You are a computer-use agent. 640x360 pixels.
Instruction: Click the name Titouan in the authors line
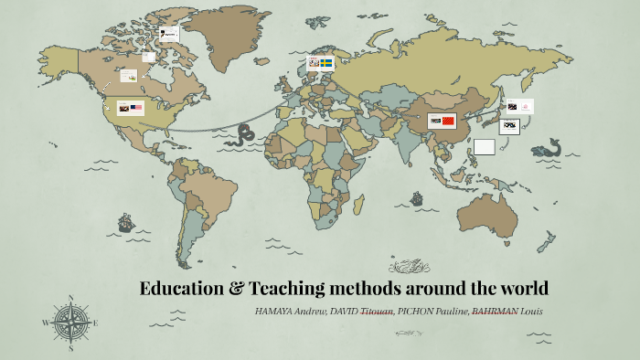[x=377, y=312]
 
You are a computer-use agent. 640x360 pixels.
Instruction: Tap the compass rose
[x=69, y=323]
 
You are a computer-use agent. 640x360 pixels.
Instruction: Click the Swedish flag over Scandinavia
[x=326, y=62]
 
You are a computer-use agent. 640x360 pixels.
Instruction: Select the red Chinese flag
[x=447, y=121]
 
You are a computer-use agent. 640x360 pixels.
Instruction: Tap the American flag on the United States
[x=137, y=108]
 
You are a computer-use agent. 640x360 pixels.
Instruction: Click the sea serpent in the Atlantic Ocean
[x=245, y=135]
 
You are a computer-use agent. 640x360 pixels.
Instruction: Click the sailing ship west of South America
[x=125, y=223]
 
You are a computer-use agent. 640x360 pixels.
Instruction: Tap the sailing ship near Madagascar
[x=416, y=197]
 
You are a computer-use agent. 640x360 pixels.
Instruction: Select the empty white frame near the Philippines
[x=485, y=146]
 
